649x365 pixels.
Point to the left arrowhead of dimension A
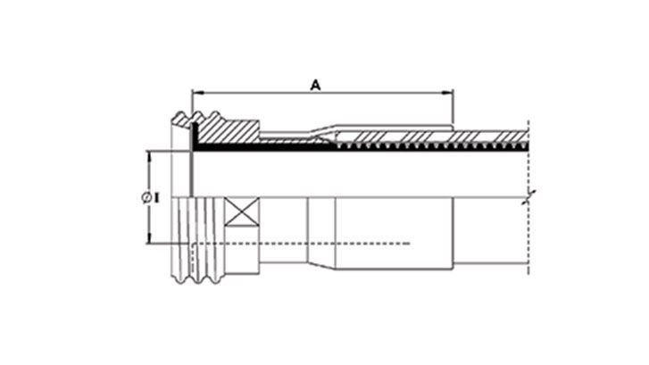click(x=197, y=92)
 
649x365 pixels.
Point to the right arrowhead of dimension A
click(x=450, y=92)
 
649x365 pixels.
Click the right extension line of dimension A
click(x=453, y=107)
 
